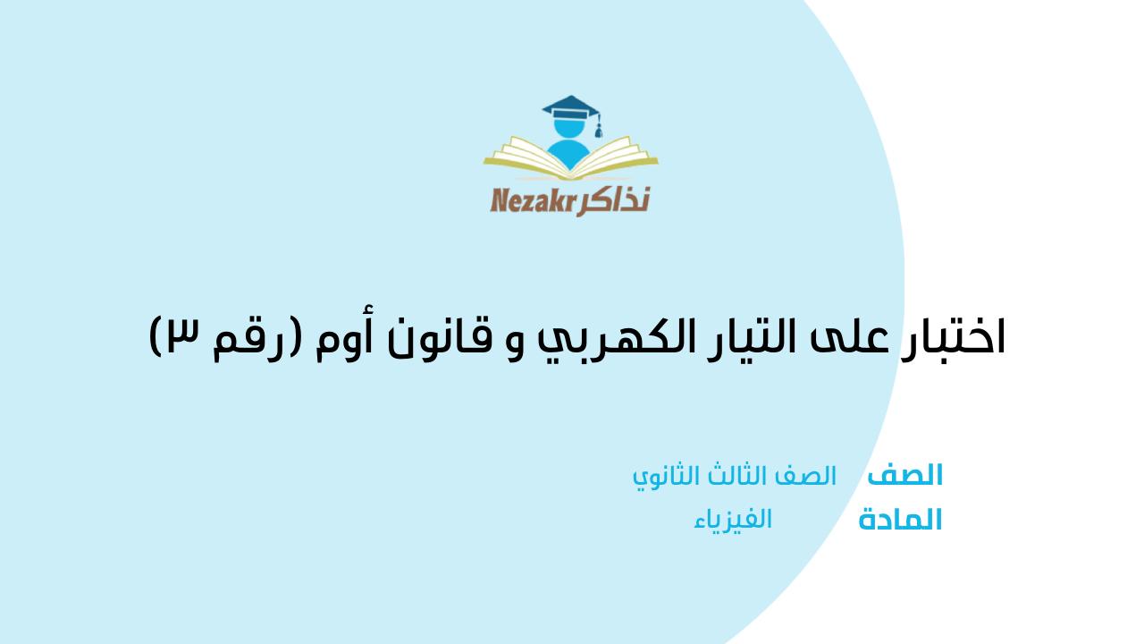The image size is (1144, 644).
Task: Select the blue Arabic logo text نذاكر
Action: (x=614, y=199)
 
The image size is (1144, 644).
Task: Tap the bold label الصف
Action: (x=905, y=475)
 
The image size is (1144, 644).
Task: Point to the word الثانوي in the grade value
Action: (x=664, y=476)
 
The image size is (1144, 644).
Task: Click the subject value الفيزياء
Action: (x=733, y=519)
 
